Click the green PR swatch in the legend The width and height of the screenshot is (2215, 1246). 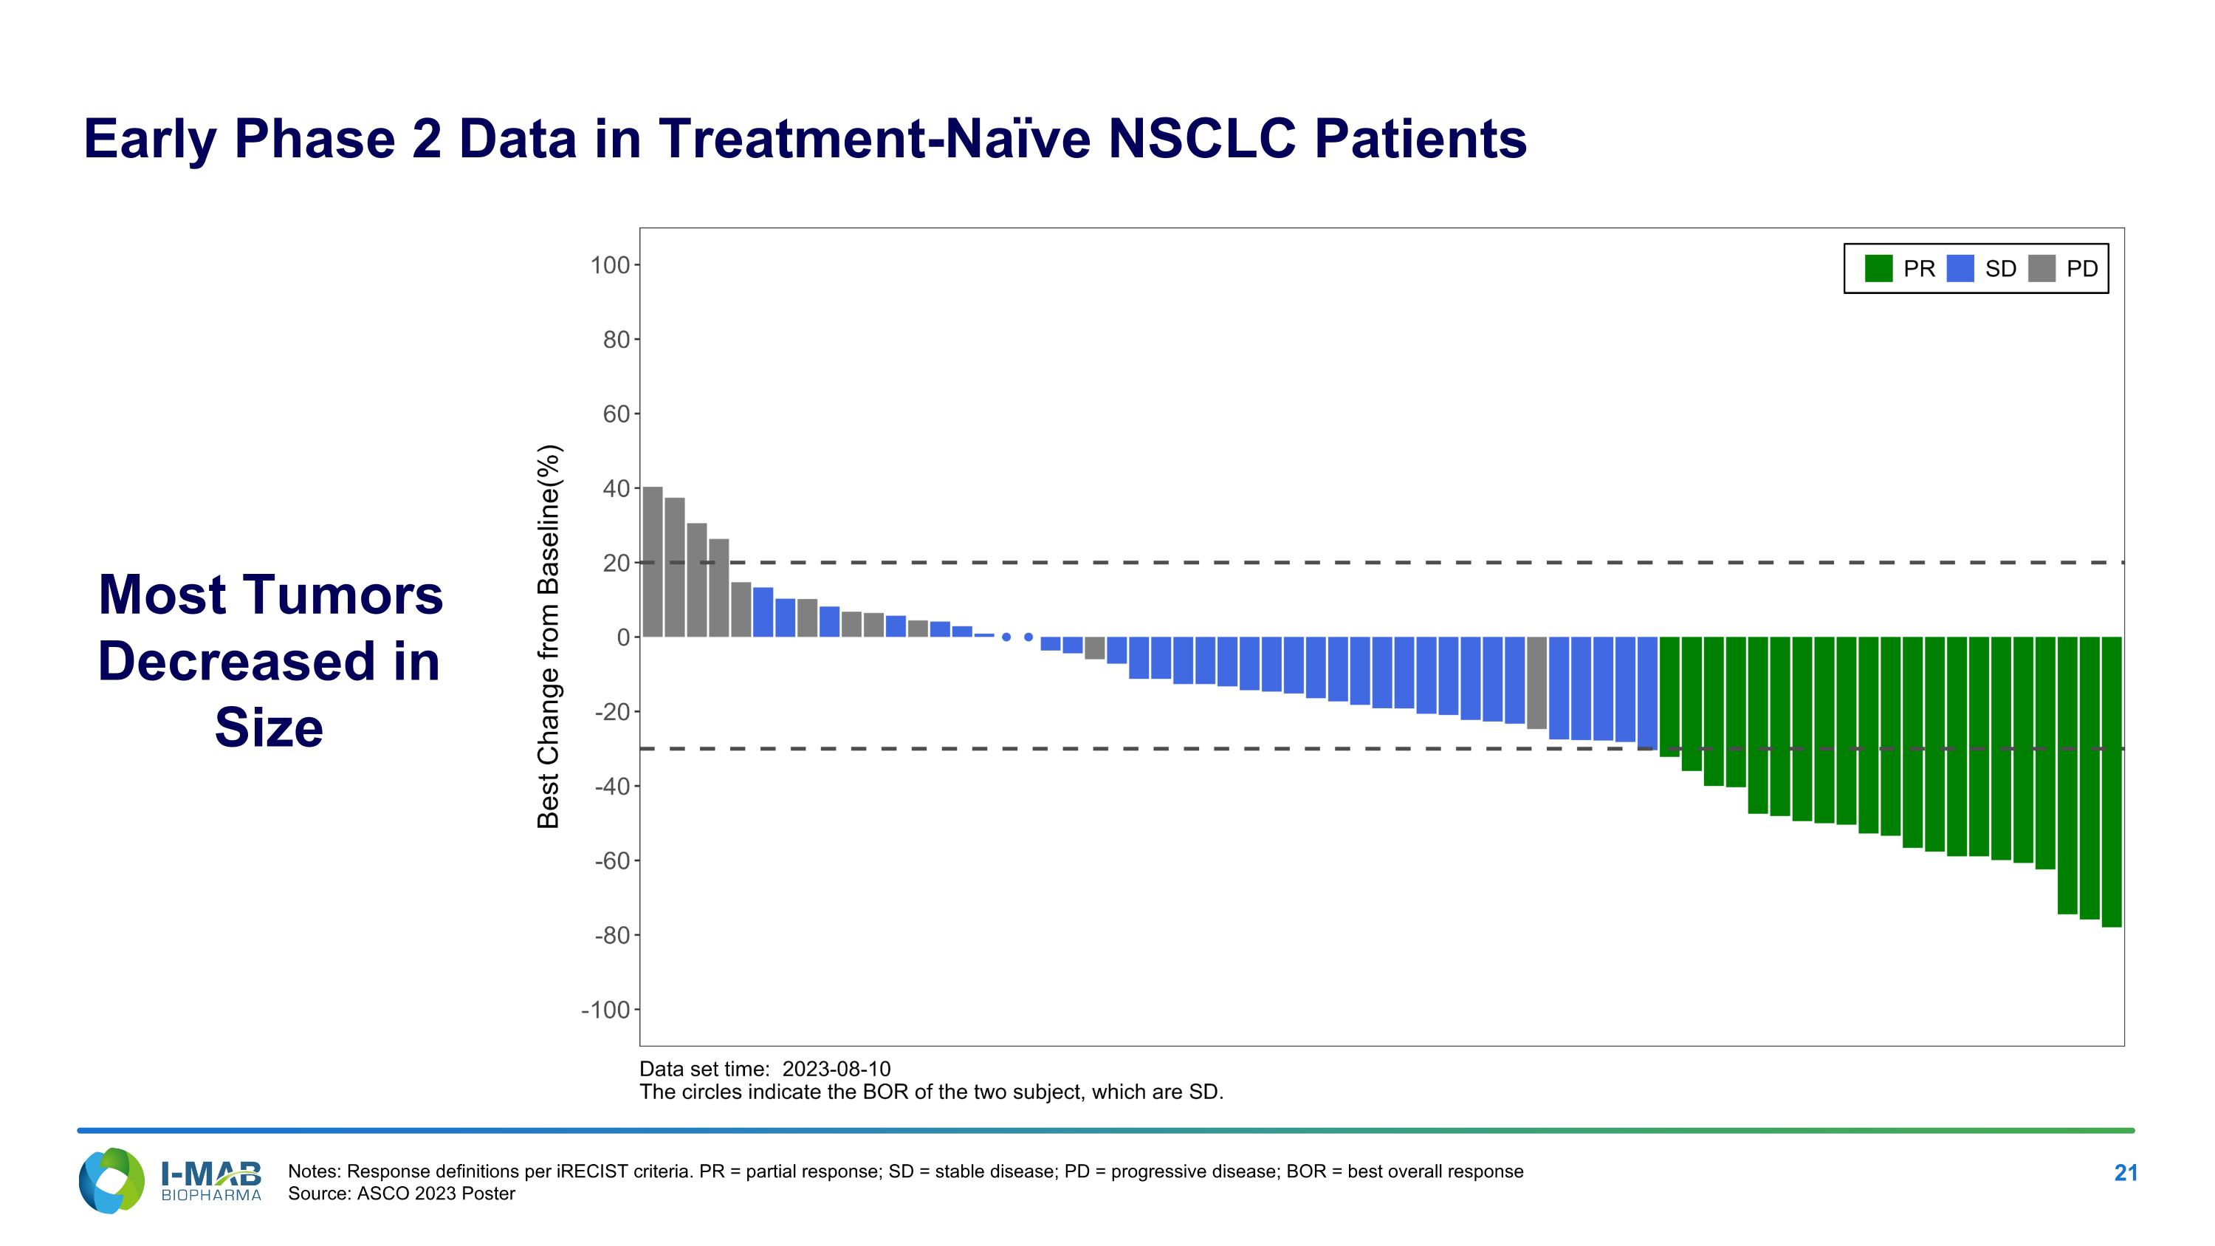point(1879,268)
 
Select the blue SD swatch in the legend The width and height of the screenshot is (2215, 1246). point(1960,268)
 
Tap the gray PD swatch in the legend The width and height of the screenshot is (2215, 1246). point(2041,268)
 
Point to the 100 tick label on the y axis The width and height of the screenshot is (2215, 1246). point(610,266)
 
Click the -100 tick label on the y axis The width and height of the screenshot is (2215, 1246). point(606,1010)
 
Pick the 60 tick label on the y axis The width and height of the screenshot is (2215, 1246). point(617,414)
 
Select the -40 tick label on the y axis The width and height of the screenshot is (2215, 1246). point(612,786)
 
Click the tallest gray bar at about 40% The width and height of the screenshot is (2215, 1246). point(653,562)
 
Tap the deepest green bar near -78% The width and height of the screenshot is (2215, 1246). point(2112,781)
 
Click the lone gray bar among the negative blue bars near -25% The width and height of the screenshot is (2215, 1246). point(1536,682)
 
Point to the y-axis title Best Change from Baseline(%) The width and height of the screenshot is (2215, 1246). point(549,637)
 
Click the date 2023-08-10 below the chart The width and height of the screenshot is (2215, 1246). point(837,1069)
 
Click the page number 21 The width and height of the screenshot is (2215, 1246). point(2126,1173)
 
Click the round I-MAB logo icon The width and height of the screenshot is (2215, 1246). point(111,1181)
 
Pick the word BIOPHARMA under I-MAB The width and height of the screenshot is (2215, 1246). point(210,1195)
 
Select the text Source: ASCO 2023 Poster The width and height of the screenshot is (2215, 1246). point(402,1194)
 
